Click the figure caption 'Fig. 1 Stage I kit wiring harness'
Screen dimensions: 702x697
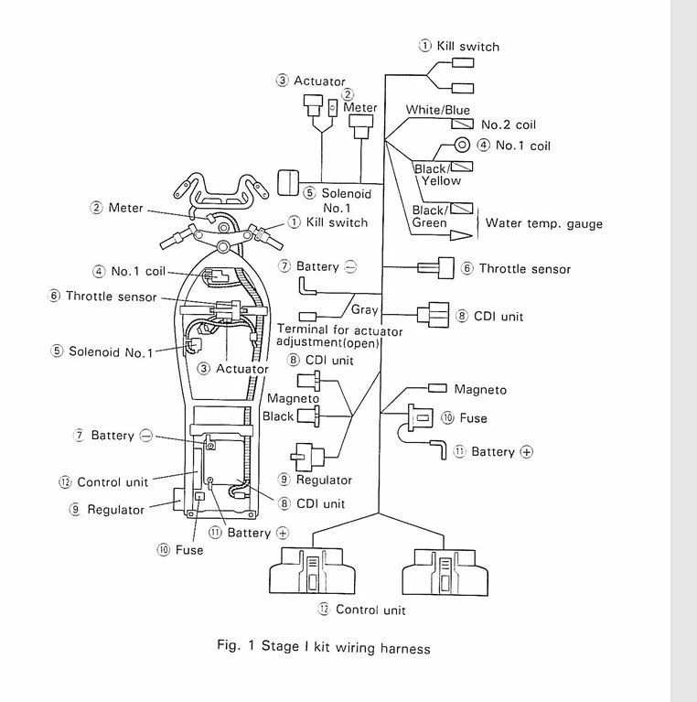point(323,647)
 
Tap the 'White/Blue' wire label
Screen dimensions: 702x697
point(437,110)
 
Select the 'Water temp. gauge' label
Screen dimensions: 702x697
point(543,222)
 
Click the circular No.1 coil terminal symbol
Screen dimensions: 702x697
point(463,145)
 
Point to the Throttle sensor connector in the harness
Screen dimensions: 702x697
point(434,268)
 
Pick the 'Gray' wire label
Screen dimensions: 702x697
point(364,309)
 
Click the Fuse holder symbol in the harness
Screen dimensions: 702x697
point(419,418)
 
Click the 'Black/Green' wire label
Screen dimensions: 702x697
point(429,216)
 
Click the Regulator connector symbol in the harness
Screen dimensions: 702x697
point(306,454)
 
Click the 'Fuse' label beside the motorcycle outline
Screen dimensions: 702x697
point(188,550)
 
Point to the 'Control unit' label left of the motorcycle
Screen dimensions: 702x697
point(112,482)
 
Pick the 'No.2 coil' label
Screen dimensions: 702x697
point(509,124)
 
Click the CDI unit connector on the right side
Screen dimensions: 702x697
point(432,315)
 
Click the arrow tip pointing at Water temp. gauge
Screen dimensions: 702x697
point(470,234)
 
